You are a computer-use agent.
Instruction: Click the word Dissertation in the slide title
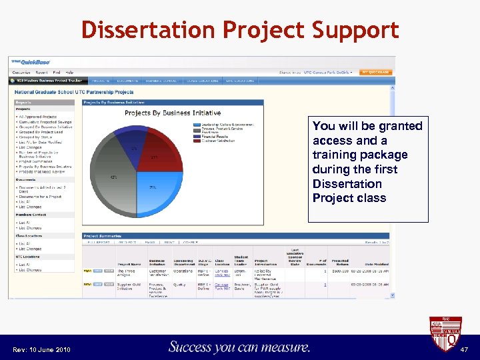pyautogui.click(x=148, y=31)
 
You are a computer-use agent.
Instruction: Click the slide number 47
pyautogui.click(x=465, y=349)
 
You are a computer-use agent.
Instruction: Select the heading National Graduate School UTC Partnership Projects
pyautogui.click(x=74, y=92)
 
